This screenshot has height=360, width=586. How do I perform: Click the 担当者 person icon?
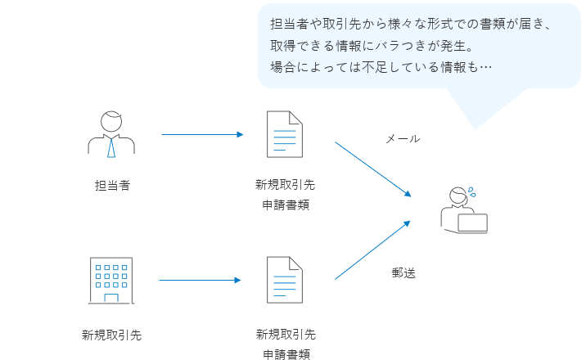pos(111,133)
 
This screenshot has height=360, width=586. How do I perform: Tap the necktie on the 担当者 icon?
pos(111,147)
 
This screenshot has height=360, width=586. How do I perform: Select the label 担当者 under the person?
pos(112,185)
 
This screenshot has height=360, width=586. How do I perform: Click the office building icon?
pos(111,280)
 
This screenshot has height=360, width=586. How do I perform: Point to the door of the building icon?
pos(111,297)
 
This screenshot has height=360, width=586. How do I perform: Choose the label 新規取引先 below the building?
pos(112,335)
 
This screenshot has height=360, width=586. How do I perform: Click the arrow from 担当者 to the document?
pos(202,134)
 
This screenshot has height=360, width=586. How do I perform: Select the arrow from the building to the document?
pos(200,280)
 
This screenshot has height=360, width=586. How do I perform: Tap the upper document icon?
pos(285,133)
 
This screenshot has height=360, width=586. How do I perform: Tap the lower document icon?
pos(285,280)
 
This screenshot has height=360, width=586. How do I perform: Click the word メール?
pos(403,139)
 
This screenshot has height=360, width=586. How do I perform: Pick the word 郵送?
pos(403,273)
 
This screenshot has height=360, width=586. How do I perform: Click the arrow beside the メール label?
pos(372,169)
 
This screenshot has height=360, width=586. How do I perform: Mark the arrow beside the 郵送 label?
pos(372,250)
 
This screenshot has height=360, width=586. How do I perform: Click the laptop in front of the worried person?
pos(472,223)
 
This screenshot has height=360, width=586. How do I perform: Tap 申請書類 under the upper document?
pos(286,205)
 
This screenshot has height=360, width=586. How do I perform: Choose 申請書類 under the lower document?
pos(286,353)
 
